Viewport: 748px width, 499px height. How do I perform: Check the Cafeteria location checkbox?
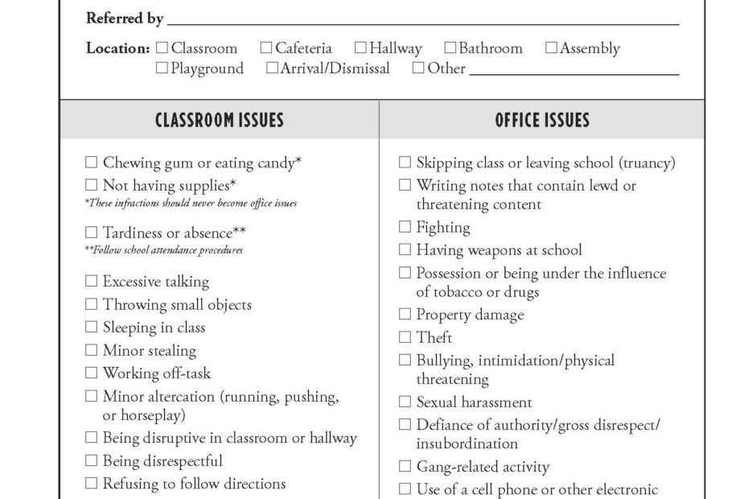point(266,48)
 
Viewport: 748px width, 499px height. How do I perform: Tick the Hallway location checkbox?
point(360,48)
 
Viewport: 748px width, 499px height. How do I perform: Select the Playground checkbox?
point(162,68)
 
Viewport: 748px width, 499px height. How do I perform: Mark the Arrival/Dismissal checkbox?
point(272,68)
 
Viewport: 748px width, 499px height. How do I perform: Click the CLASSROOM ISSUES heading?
point(219,121)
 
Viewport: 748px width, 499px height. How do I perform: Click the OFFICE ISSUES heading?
point(542,121)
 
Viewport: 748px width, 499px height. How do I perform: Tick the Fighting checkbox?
point(405,228)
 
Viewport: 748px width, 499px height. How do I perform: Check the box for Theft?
point(405,337)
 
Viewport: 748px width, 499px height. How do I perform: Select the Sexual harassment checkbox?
point(405,402)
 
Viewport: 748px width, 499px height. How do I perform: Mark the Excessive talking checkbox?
point(91,282)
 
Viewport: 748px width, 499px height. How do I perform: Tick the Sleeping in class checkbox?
point(91,328)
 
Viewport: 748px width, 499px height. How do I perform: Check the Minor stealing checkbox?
point(91,350)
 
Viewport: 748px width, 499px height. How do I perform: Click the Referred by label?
point(125,19)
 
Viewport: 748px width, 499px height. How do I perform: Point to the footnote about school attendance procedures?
point(163,250)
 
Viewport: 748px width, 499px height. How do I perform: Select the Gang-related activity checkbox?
point(405,466)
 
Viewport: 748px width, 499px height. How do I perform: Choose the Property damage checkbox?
point(405,315)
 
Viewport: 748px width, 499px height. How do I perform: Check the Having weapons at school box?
point(405,250)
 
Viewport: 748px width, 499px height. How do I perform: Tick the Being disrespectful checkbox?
point(91,461)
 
